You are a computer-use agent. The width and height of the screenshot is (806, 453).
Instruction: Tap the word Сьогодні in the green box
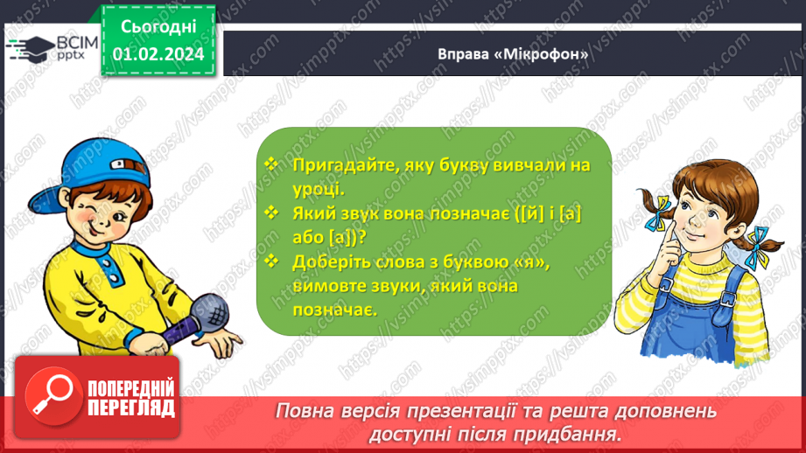click(158, 30)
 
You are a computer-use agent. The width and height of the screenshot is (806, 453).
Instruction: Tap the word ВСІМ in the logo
click(67, 41)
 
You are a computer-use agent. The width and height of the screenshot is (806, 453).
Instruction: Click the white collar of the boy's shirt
click(96, 249)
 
